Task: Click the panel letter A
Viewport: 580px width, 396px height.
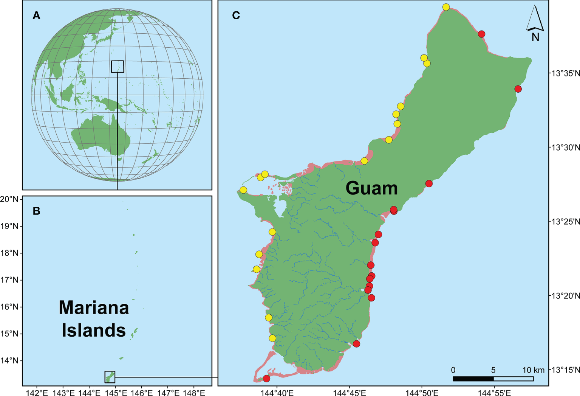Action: coord(36,16)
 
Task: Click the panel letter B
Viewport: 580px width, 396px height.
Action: coord(36,211)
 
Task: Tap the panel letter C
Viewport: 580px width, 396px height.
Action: coord(236,16)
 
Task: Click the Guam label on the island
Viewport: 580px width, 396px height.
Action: coord(371,188)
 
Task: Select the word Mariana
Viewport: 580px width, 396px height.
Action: coord(94,307)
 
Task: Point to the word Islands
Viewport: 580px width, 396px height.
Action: coord(94,330)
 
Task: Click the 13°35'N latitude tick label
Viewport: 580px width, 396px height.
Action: coord(565,73)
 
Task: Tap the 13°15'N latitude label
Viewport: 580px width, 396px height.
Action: coord(565,370)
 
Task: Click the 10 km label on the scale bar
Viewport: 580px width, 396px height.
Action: coord(533,370)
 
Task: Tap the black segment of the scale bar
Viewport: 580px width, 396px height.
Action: coord(473,379)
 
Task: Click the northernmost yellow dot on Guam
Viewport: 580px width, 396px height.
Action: coord(446,7)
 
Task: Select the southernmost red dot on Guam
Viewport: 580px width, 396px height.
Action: coord(266,378)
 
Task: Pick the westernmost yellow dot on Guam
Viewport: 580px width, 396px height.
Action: coord(243,189)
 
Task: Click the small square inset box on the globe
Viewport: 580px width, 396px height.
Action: coord(118,67)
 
